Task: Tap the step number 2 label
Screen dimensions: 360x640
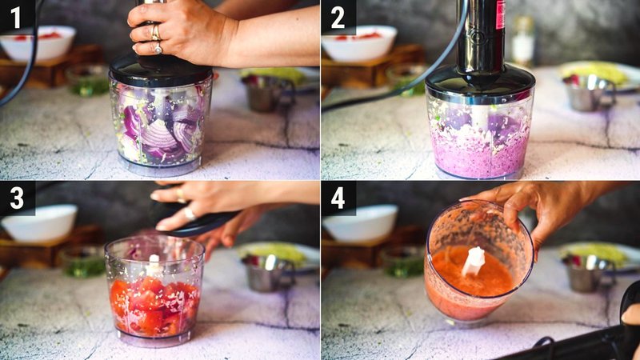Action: (338, 17)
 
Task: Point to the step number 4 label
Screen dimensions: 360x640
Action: (338, 198)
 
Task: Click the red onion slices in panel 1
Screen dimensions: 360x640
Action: (160, 128)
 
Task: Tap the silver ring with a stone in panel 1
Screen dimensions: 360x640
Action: (157, 47)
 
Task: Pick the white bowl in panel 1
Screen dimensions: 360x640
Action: (38, 43)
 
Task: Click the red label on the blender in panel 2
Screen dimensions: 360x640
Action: (501, 14)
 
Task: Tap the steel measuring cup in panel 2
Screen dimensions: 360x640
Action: (588, 92)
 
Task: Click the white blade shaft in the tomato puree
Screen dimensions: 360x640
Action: (474, 260)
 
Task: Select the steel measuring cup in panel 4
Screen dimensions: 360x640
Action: (588, 272)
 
